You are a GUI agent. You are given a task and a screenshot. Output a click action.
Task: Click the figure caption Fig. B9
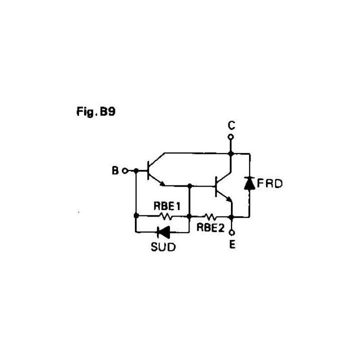pos(94,112)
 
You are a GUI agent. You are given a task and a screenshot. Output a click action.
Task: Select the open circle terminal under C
pos(230,136)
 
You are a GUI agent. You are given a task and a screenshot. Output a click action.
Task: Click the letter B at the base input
pos(114,171)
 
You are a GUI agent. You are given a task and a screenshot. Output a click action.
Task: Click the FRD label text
pos(270,183)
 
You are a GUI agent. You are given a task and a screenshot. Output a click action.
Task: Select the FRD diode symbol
pos(248,183)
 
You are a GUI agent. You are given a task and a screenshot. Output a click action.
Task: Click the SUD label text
pos(163,246)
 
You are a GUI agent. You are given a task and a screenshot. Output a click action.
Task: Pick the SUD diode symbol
pos(163,232)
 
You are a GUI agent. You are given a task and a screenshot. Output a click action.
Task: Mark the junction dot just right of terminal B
pos(136,171)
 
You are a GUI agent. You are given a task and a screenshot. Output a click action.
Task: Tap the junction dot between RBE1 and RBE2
pos(189,217)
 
